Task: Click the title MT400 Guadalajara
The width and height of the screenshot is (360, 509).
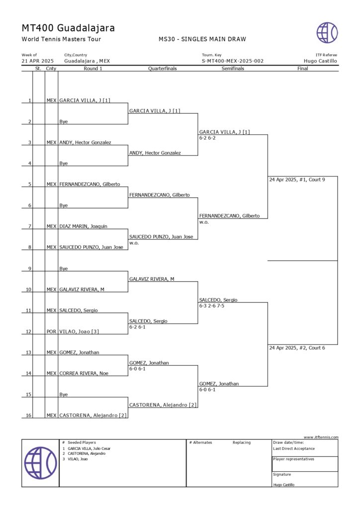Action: point(68,28)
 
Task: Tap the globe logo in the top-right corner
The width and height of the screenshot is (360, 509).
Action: point(327,32)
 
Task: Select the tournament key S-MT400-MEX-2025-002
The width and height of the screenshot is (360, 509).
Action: point(232,61)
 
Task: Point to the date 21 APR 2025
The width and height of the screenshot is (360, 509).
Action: point(38,61)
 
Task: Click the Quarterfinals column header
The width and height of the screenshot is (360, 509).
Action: point(163,69)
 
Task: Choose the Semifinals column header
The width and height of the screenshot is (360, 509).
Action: point(233,69)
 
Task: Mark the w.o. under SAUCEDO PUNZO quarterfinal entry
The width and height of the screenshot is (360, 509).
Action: point(134,243)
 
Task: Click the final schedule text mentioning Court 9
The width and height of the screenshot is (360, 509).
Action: point(297,179)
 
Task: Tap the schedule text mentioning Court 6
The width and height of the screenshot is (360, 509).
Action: point(297,348)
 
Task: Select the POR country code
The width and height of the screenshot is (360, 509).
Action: point(51,331)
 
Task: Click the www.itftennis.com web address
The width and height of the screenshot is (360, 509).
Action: point(321,437)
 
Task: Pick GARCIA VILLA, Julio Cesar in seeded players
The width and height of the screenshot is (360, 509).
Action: point(89,448)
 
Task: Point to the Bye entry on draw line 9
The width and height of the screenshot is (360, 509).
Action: point(64,268)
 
